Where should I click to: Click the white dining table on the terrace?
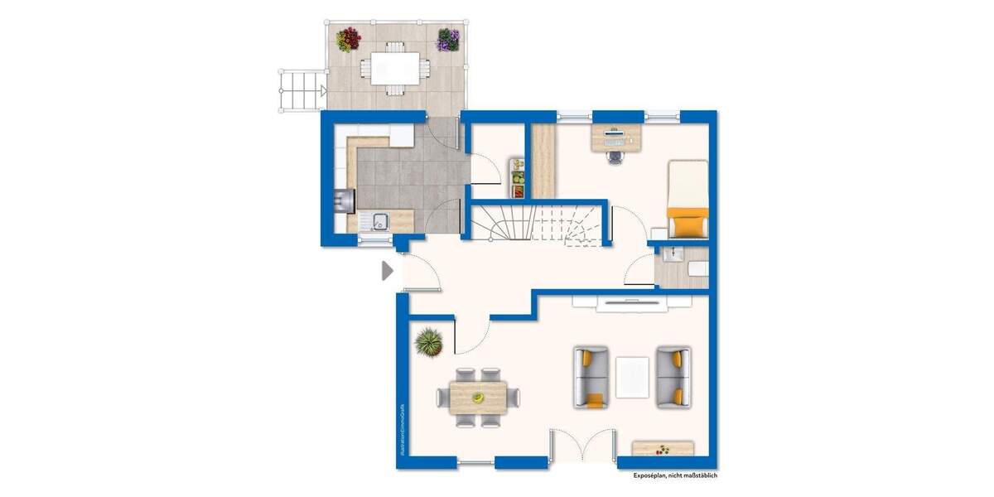393,67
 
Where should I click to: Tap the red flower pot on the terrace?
348,39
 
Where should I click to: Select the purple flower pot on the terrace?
448,39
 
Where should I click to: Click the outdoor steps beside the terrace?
301,90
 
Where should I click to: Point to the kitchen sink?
380,221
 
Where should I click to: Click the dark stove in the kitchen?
344,200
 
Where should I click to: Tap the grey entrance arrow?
386,271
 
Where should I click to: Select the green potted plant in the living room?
430,340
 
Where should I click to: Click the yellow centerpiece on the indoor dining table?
478,398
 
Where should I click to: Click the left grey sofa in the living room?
591,378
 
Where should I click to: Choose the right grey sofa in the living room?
673,378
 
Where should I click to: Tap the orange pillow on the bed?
688,224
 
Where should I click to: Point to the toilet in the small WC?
697,268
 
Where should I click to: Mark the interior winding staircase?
538,222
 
